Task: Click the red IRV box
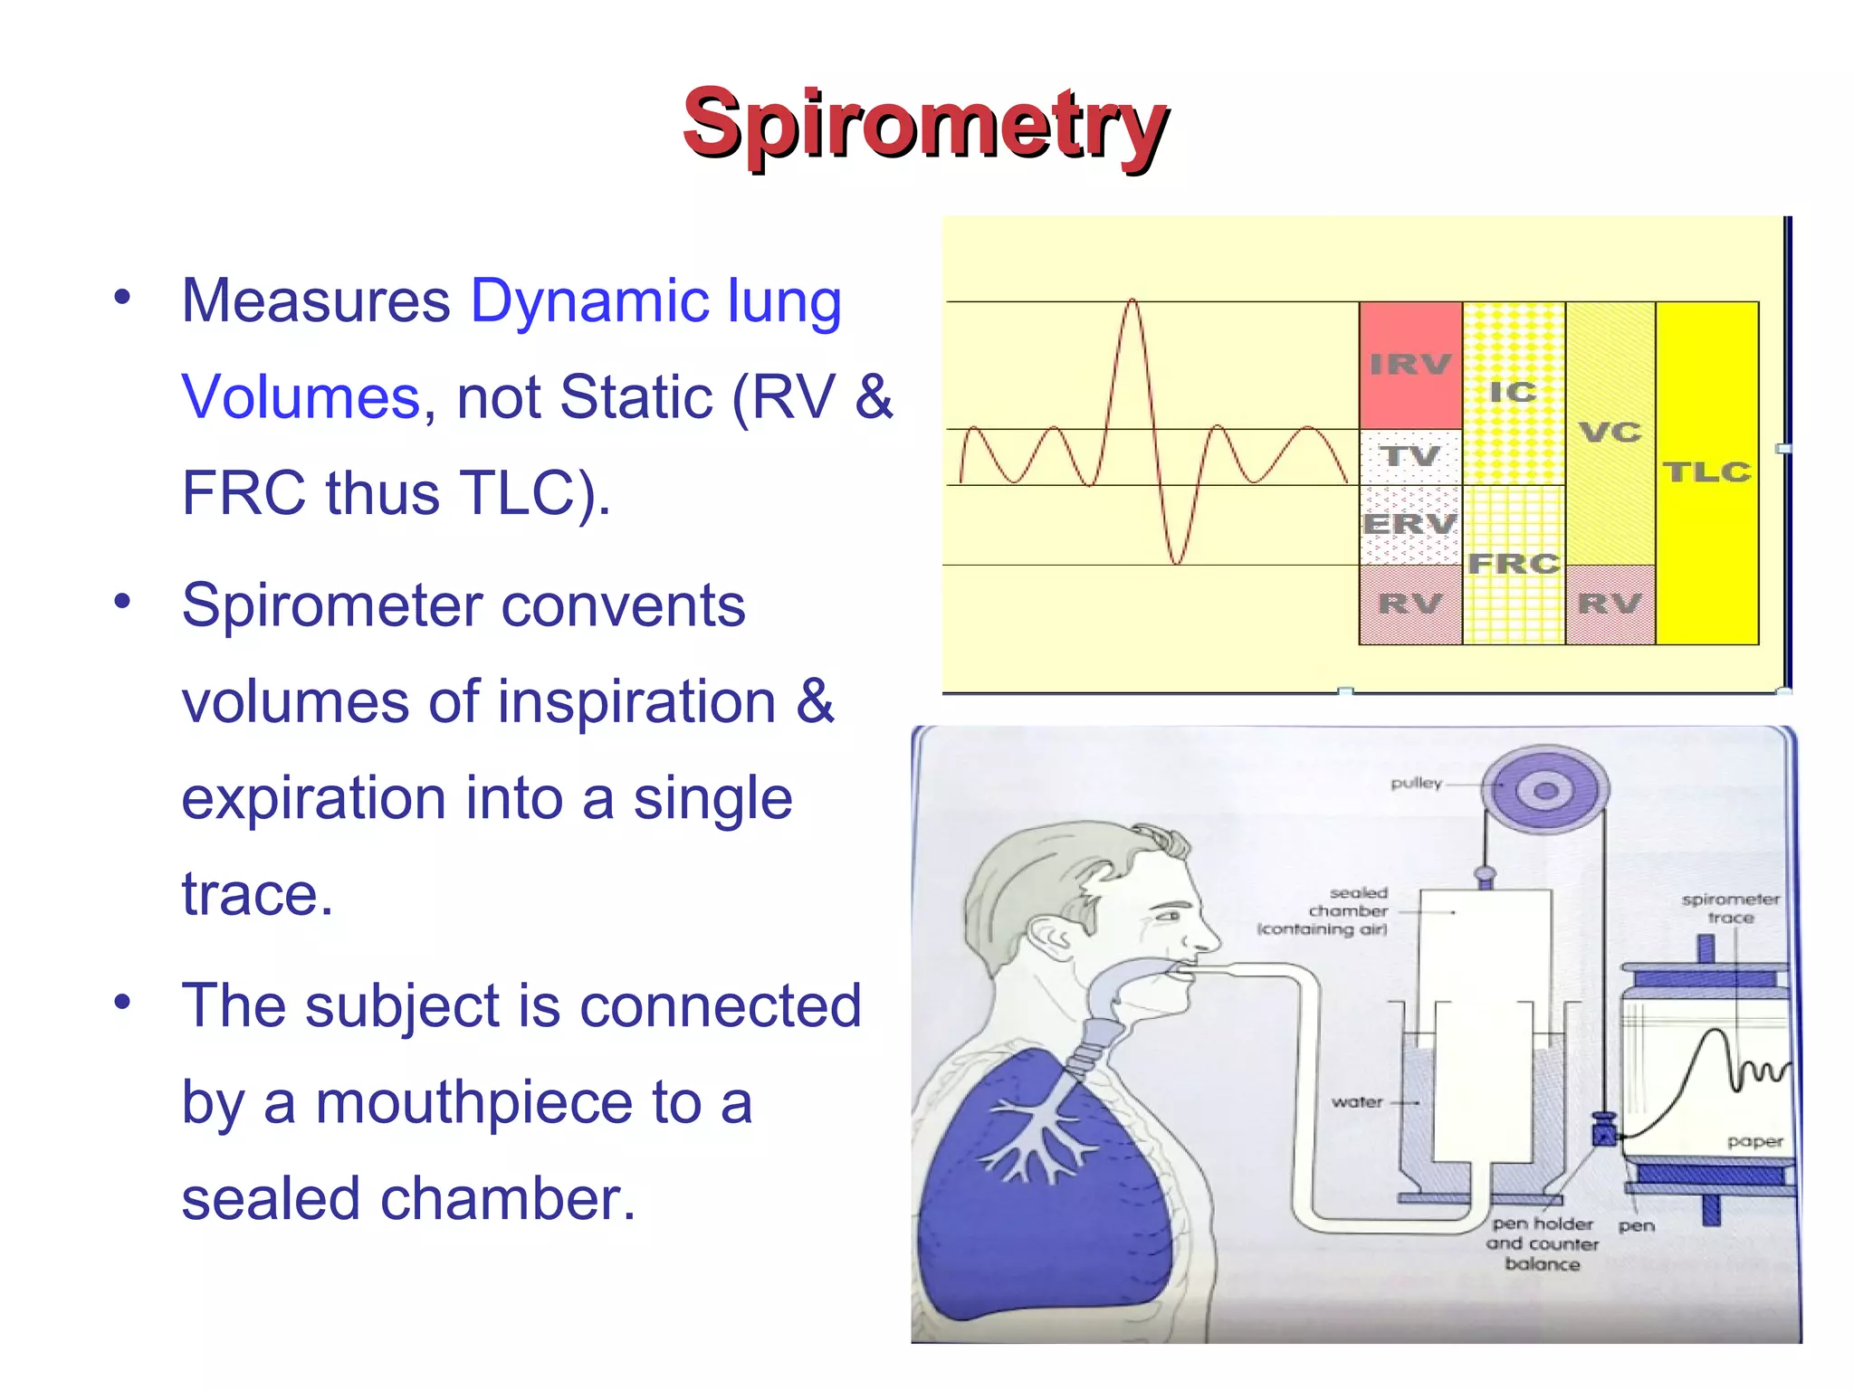pyautogui.click(x=1410, y=365)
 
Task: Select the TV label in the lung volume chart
pyautogui.click(x=1410, y=455)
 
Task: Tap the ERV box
pyautogui.click(x=1410, y=524)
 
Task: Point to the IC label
pyautogui.click(x=1513, y=392)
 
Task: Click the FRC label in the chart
pyautogui.click(x=1514, y=563)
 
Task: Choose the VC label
pyautogui.click(x=1610, y=432)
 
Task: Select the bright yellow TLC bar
pyautogui.click(x=1706, y=471)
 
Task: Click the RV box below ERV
pyautogui.click(x=1410, y=604)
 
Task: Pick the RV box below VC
pyautogui.click(x=1610, y=604)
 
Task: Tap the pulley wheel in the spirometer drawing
pyautogui.click(x=1545, y=791)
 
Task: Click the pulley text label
pyautogui.click(x=1416, y=783)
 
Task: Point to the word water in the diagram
pyautogui.click(x=1356, y=1102)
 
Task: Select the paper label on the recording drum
pyautogui.click(x=1754, y=1142)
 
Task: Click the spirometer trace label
pyautogui.click(x=1730, y=908)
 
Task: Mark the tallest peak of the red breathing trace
pyautogui.click(x=1132, y=302)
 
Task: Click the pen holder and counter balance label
pyautogui.click(x=1542, y=1243)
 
